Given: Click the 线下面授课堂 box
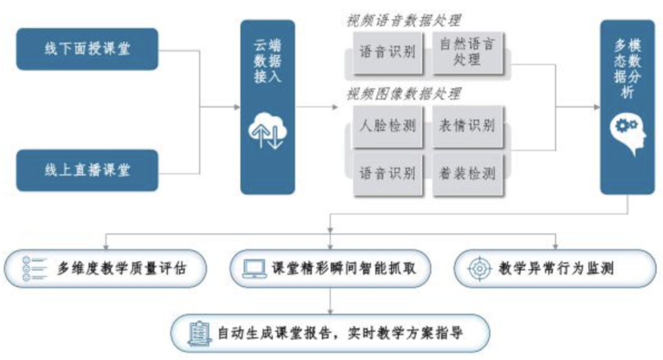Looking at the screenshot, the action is tap(87, 49).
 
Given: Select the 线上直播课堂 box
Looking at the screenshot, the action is tap(87, 171).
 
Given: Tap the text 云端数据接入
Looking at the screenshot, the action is tap(268, 61).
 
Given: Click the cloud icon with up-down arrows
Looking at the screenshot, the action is tap(268, 130).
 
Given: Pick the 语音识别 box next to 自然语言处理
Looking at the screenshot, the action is tap(388, 52).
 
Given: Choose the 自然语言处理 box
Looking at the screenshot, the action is tap(468, 52).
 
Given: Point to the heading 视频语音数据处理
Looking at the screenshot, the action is tap(404, 21).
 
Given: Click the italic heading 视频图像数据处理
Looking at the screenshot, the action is tap(404, 94).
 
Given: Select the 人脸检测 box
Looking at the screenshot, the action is tap(388, 126).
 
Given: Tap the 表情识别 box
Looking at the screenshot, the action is tap(468, 126).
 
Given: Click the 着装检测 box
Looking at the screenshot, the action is tap(468, 174).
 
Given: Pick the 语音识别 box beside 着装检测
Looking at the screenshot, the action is tap(388, 174).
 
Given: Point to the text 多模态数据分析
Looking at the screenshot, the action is tap(628, 69).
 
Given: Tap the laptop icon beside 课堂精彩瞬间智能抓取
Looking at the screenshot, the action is tap(254, 268).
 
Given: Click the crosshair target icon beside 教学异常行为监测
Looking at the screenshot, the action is tap(480, 268).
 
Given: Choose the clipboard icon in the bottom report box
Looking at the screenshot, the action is tap(200, 334).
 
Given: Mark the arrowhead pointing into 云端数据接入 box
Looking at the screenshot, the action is tap(237, 107).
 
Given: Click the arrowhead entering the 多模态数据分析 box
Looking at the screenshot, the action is tap(597, 107).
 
